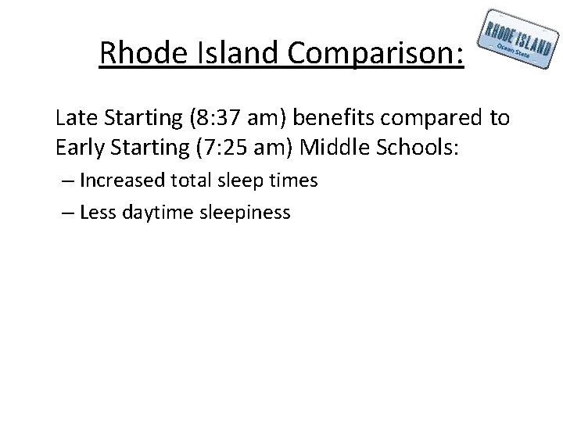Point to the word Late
(x=77, y=118)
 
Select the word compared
(x=440, y=118)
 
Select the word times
(x=293, y=181)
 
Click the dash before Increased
(x=68, y=181)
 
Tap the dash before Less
(x=68, y=212)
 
